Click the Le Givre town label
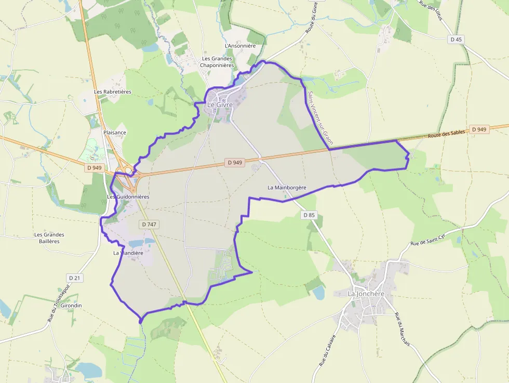coord(220,104)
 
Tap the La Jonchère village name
coord(366,294)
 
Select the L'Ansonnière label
coord(240,46)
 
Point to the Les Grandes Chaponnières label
coord(217,62)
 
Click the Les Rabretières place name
coord(113,91)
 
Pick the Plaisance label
coord(115,133)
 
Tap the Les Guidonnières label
coord(128,197)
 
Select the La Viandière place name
coord(128,253)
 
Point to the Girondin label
coord(71,305)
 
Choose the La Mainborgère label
coord(287,187)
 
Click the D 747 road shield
coord(149,224)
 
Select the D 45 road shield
coord(456,39)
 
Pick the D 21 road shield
coord(75,278)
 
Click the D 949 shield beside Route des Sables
coord(479,129)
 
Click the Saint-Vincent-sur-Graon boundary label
coord(320,118)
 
